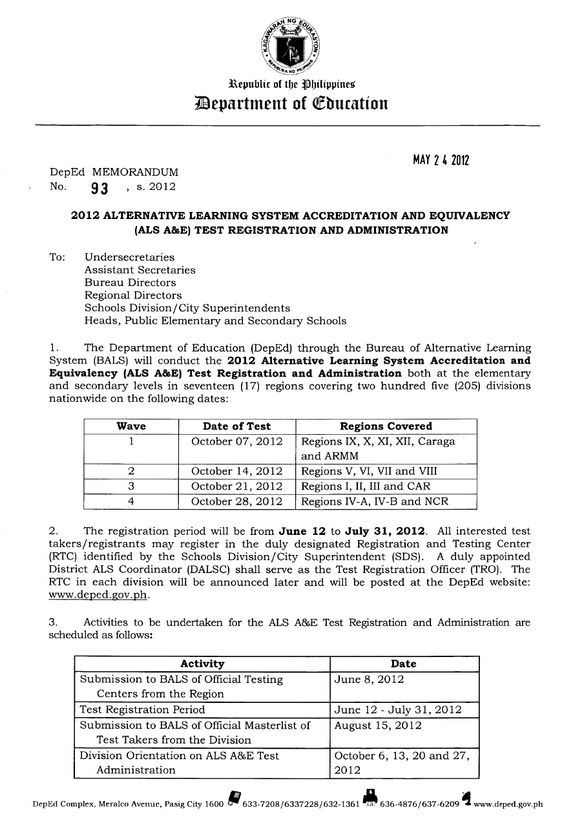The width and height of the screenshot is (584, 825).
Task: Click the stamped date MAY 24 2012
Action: click(x=441, y=160)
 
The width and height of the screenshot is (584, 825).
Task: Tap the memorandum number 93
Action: click(x=99, y=189)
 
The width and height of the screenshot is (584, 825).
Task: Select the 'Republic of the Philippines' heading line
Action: click(x=292, y=84)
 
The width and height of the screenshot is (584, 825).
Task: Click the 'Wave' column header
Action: click(x=131, y=426)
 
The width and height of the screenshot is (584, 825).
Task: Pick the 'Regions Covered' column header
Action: click(x=386, y=426)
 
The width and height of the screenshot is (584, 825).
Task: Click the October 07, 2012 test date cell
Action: click(x=237, y=442)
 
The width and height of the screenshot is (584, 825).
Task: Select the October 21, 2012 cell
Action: click(x=237, y=486)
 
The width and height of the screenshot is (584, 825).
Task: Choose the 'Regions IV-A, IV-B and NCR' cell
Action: click(x=375, y=501)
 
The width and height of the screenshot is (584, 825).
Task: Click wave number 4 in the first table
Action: click(x=131, y=501)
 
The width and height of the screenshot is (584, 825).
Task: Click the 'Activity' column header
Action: click(x=202, y=664)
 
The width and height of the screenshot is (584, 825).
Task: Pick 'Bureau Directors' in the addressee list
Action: click(x=130, y=282)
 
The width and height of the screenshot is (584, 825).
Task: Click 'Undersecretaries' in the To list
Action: click(x=129, y=257)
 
